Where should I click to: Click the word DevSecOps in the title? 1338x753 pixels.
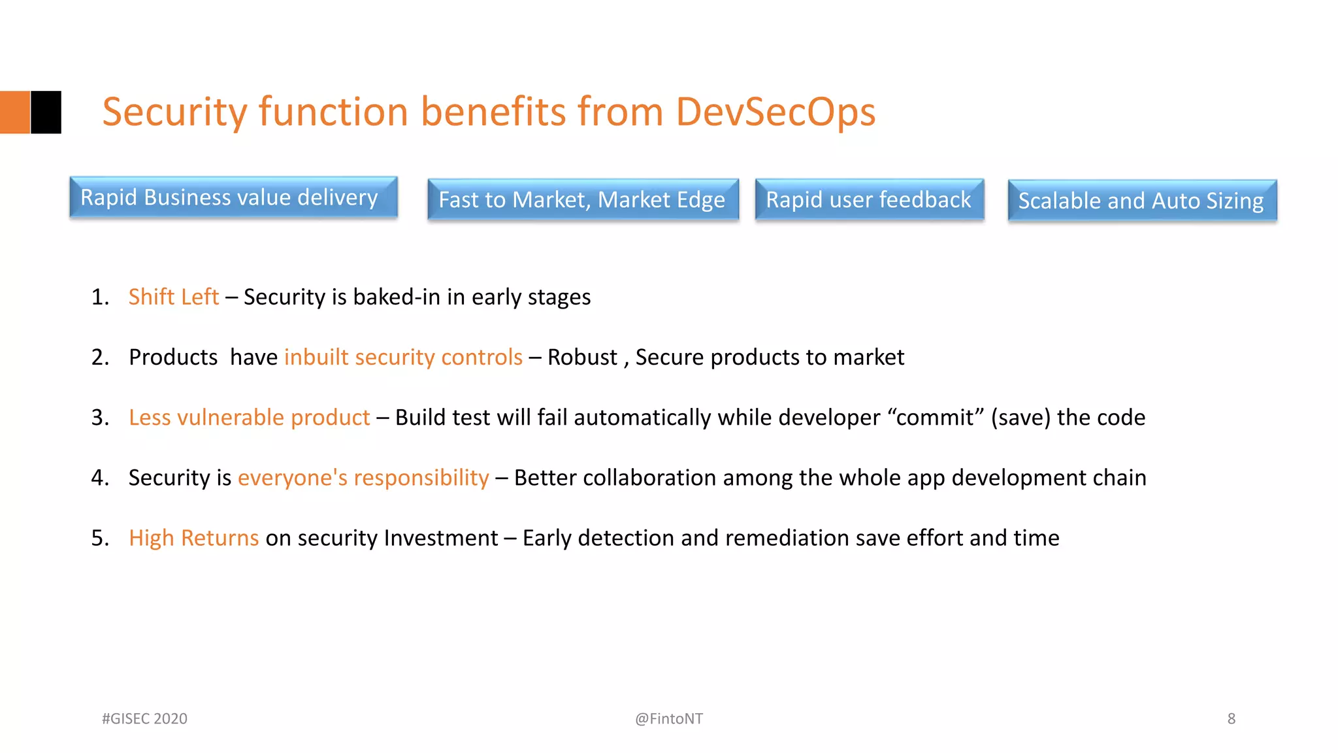[x=775, y=112]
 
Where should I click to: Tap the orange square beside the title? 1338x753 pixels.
[x=14, y=112]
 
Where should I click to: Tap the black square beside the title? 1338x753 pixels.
[x=46, y=112]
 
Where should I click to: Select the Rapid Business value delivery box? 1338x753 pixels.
[x=233, y=197]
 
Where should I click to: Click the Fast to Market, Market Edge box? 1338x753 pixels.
[x=583, y=199]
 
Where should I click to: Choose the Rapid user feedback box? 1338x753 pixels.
[x=869, y=199]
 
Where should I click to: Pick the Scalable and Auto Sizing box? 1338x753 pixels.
[x=1141, y=201]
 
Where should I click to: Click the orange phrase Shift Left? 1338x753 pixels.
[x=173, y=297]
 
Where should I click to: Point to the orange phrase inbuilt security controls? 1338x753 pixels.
[x=403, y=357]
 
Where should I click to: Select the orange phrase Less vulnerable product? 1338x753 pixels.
[x=249, y=417]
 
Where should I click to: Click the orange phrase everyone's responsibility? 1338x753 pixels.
[x=363, y=478]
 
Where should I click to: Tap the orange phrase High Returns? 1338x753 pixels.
[x=193, y=538]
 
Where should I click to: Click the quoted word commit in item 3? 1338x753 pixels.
[x=935, y=417]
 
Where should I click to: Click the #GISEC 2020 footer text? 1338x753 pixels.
[x=144, y=718]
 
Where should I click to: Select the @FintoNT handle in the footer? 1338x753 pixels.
[x=668, y=718]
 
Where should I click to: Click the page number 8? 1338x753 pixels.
[x=1231, y=718]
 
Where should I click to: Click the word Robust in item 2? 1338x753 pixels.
[x=581, y=357]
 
